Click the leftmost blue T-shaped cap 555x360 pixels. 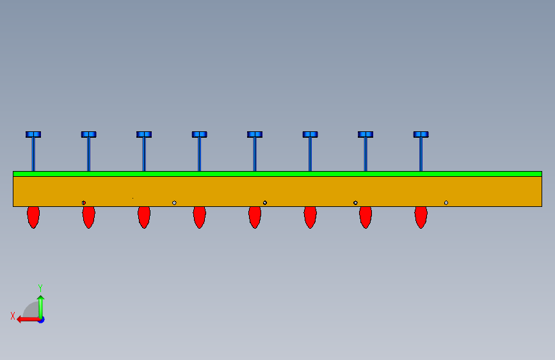pos(33,135)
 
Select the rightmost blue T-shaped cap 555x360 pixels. pos(421,135)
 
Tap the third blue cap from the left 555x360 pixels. pos(144,135)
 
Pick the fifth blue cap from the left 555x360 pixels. pos(255,135)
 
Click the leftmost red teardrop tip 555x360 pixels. pos(33,217)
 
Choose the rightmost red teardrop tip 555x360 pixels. pos(421,217)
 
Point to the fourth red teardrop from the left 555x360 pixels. pos(199,217)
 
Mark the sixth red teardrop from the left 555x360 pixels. pos(310,217)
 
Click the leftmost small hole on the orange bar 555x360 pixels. pos(84,203)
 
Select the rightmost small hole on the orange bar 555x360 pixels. pos(446,203)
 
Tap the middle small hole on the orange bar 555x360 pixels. pos(265,203)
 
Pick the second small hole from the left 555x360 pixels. pos(174,203)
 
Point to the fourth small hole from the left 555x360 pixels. pos(355,203)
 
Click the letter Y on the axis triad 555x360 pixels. pos(40,288)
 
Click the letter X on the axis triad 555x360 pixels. pos(13,316)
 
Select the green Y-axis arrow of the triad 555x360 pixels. pos(40,304)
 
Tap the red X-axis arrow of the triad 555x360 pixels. pos(26,319)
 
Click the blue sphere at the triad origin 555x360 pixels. pos(40,319)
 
